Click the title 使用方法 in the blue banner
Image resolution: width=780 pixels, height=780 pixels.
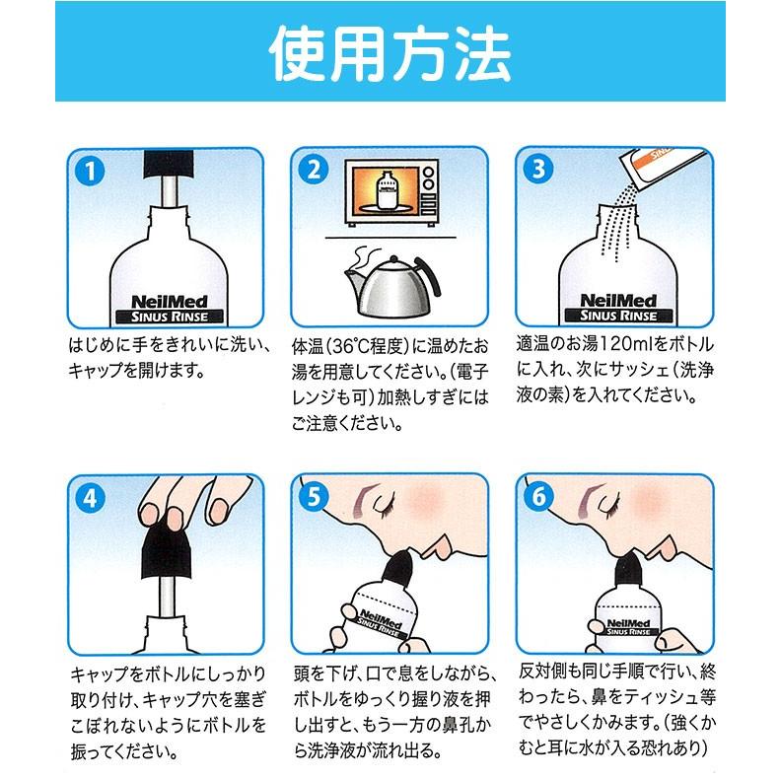coord(390,51)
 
